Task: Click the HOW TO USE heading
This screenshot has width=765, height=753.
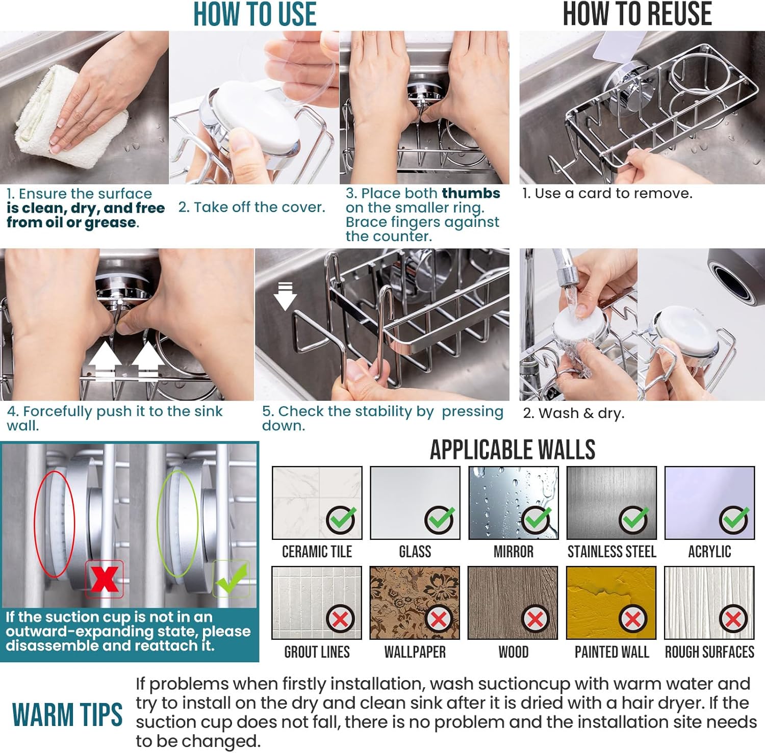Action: tap(254, 14)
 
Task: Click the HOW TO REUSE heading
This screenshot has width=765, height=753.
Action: tap(637, 14)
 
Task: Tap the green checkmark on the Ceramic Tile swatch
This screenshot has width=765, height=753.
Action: tap(341, 520)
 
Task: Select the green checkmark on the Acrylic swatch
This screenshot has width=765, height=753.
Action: tap(734, 520)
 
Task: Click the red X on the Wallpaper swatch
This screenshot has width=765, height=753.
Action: tap(439, 619)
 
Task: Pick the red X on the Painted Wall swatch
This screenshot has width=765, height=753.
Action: tap(633, 619)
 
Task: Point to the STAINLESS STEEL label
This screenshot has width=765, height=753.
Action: tap(611, 552)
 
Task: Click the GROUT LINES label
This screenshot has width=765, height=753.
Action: tap(317, 652)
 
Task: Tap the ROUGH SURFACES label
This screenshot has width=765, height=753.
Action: tap(709, 652)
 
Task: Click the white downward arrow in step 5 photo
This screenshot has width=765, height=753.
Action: tap(285, 297)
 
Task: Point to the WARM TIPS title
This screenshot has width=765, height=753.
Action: tap(67, 714)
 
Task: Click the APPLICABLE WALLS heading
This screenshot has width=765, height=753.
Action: tap(513, 450)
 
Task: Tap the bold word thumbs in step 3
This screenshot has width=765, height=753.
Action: tap(471, 193)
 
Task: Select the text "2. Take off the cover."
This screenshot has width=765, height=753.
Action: tap(251, 207)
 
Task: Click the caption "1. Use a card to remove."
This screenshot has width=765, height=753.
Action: tap(607, 193)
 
